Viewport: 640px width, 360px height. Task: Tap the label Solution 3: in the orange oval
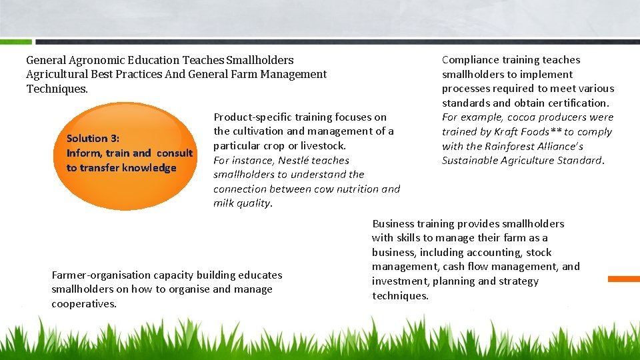click(93, 139)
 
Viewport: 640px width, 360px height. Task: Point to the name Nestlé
click(293, 161)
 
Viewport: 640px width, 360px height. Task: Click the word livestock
click(323, 146)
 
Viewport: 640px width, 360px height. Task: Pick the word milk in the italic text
click(223, 204)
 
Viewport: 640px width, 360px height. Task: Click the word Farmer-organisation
click(101, 275)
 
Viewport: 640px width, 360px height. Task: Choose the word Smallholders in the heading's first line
click(260, 60)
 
